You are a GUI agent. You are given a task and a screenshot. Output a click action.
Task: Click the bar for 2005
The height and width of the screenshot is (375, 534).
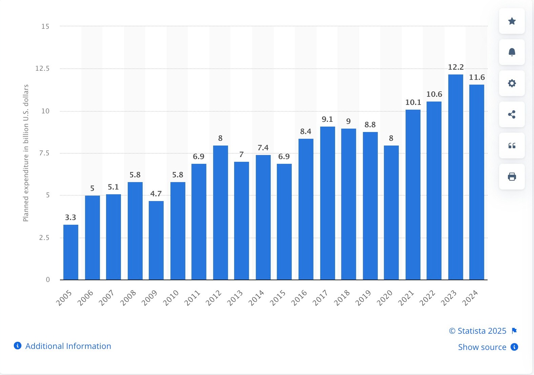[x=71, y=252]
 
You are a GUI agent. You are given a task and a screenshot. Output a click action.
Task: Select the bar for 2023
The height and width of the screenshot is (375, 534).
[x=455, y=177]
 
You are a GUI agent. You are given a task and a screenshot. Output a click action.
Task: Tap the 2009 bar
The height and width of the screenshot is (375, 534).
[x=156, y=240]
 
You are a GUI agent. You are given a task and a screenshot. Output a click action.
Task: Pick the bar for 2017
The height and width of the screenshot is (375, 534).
[x=327, y=203]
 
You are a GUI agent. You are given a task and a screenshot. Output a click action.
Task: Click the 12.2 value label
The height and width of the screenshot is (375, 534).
[x=456, y=67]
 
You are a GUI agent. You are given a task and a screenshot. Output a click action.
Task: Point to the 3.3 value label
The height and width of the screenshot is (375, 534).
[x=70, y=217]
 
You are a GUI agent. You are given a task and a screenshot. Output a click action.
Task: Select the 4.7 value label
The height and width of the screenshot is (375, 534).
[x=156, y=194]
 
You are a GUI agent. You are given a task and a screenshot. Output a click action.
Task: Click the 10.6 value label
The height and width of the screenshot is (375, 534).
[x=434, y=94]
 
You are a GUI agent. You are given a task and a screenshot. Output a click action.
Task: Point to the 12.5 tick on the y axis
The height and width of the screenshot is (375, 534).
[x=42, y=68]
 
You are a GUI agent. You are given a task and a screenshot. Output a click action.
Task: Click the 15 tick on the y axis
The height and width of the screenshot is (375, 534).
[x=45, y=26]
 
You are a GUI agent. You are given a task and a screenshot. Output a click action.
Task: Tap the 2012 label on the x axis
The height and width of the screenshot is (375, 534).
[x=214, y=298]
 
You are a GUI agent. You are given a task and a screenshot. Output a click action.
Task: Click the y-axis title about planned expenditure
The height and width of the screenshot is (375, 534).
[x=26, y=153]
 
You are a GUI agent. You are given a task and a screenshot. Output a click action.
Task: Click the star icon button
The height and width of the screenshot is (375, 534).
[x=512, y=21]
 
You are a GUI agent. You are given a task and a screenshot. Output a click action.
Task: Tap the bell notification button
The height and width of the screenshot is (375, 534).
[x=512, y=52]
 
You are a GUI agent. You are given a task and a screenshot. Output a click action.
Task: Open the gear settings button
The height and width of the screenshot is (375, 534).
[x=512, y=83]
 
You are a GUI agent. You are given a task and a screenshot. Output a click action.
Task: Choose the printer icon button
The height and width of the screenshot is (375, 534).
[x=512, y=177]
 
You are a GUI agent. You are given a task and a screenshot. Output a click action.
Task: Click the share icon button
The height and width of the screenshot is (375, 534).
[x=512, y=114]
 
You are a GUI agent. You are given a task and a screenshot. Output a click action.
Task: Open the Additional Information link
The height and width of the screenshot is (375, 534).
[x=68, y=346]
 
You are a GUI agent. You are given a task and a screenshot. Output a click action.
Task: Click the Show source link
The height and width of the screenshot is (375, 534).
[x=482, y=347]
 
